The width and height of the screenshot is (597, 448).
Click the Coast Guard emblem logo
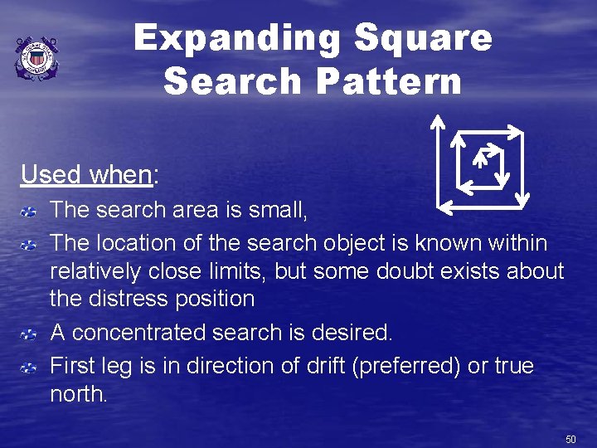(x=36, y=59)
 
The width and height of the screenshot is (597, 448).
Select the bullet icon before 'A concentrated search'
(x=28, y=334)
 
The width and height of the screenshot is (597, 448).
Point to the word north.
(x=78, y=394)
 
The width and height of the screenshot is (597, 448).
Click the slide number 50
(x=570, y=437)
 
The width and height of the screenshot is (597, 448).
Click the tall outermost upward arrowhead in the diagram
(x=438, y=121)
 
